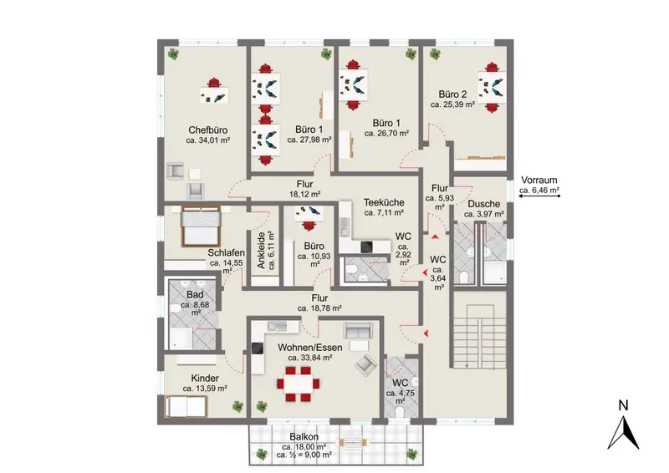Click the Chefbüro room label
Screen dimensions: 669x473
pos(207,130)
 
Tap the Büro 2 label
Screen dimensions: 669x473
pos(452,94)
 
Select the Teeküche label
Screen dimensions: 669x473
pos(384,202)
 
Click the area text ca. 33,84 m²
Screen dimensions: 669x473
pos(310,358)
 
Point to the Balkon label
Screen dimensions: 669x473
pos(304,437)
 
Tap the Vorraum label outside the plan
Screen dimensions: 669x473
pos(539,181)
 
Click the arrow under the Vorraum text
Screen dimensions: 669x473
pos(539,196)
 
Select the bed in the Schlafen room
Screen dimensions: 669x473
pos(201,226)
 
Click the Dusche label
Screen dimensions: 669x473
pos(484,204)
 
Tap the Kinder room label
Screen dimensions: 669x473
pos(205,379)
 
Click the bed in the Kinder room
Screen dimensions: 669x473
pos(186,406)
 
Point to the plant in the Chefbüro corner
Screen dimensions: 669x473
pos(173,53)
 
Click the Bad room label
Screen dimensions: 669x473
pos(195,295)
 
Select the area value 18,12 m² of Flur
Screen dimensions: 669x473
pos(304,195)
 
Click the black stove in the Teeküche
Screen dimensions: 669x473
pos(366,247)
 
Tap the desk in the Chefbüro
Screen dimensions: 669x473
pos(214,94)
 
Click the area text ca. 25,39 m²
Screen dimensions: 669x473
pos(452,104)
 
